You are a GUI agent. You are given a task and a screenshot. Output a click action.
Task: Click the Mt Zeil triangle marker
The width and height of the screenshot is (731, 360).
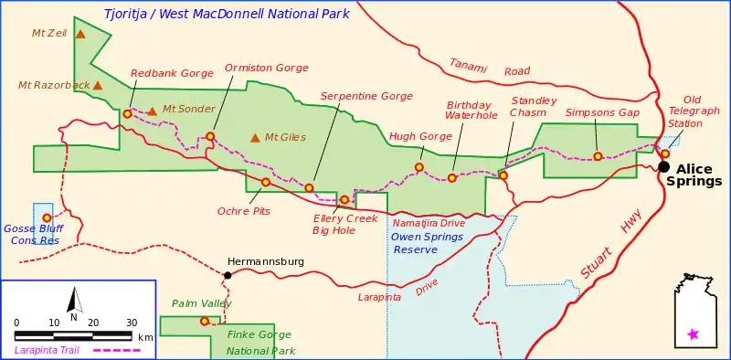tap(80, 35)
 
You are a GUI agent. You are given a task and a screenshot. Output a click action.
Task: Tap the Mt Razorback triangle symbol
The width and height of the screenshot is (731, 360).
tap(97, 86)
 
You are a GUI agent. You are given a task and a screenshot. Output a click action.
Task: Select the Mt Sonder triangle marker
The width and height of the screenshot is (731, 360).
tap(153, 111)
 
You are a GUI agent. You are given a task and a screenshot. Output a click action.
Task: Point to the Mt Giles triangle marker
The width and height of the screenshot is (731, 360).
tap(255, 138)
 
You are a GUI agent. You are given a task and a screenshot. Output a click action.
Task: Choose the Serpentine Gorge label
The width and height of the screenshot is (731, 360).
tap(366, 96)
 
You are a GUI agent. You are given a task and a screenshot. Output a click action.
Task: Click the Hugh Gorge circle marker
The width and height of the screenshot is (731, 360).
tap(419, 167)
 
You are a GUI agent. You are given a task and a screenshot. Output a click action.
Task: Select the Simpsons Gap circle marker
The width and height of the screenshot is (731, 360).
tap(598, 156)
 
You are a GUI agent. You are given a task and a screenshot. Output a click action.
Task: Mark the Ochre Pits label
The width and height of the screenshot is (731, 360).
tap(244, 211)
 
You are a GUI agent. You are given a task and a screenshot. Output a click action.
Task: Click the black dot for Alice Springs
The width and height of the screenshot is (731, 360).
tap(663, 166)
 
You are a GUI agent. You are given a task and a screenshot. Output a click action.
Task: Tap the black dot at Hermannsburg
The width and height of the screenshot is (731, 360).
tap(228, 275)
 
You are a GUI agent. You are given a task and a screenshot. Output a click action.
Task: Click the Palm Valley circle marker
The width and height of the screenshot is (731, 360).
tap(205, 321)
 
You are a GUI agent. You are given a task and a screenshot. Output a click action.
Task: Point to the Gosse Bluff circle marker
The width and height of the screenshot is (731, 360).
tap(47, 217)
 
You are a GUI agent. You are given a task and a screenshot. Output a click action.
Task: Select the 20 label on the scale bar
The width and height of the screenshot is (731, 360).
tap(93, 323)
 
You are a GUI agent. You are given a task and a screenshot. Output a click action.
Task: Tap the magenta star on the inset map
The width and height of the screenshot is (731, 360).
tap(693, 334)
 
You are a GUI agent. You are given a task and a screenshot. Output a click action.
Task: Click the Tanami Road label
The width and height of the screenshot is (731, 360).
tap(490, 66)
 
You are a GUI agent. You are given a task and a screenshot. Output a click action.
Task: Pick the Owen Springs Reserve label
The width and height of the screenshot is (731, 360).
tap(428, 243)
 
